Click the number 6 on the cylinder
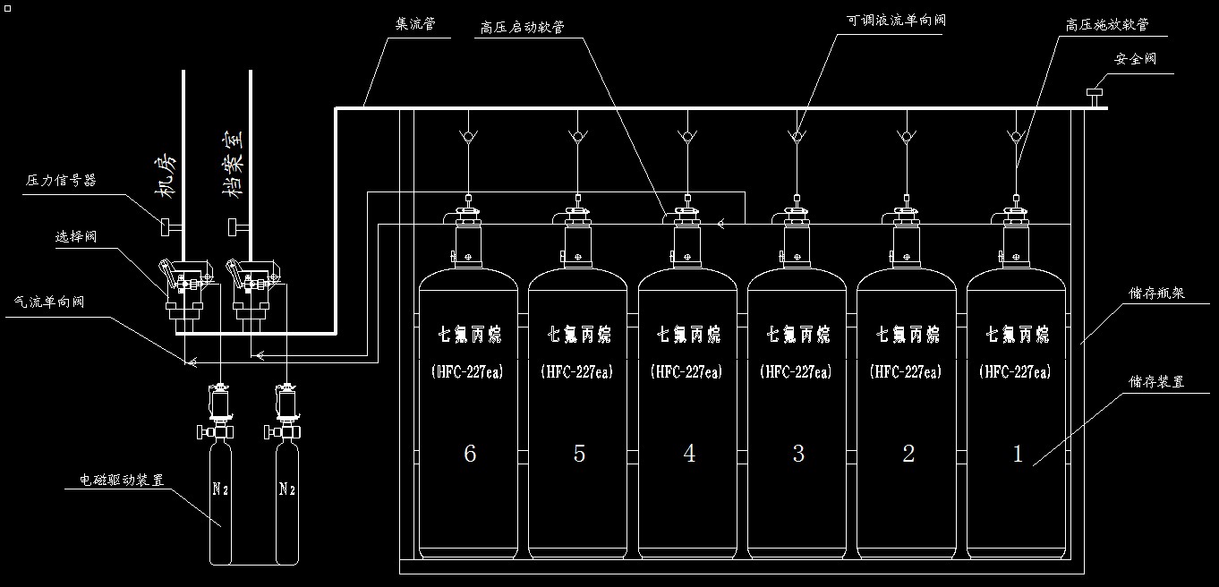[x=469, y=454]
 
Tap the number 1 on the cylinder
[x=1017, y=454]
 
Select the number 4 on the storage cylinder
[x=688, y=454]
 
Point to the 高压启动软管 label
[x=522, y=28]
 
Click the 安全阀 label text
[x=1136, y=59]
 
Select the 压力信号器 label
[x=62, y=180]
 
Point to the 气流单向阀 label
[x=50, y=302]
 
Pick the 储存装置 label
[x=1156, y=381]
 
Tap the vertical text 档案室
[x=232, y=160]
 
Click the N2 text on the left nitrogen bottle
[x=220, y=489]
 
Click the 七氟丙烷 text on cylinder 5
[x=579, y=335]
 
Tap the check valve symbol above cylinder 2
[x=906, y=137]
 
